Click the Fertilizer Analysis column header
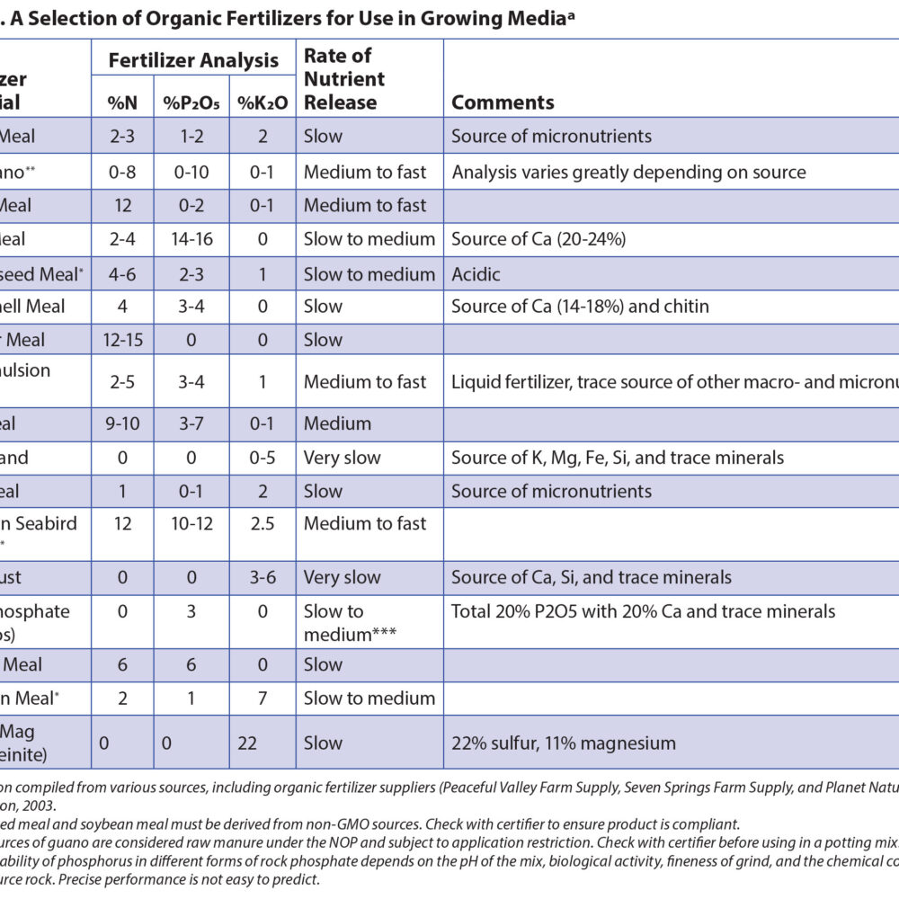193,61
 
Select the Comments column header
503,102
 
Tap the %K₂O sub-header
263,102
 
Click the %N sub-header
122,102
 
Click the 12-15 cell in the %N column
123,340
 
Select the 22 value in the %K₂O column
263,743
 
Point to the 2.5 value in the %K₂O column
263,523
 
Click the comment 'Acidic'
476,273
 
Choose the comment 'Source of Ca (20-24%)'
539,239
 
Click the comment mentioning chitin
580,307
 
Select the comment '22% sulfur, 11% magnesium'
564,743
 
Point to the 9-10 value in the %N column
123,423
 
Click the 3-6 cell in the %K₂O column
263,577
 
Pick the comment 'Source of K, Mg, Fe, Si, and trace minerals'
618,458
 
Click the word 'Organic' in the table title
171,17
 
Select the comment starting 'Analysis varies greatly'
628,172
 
